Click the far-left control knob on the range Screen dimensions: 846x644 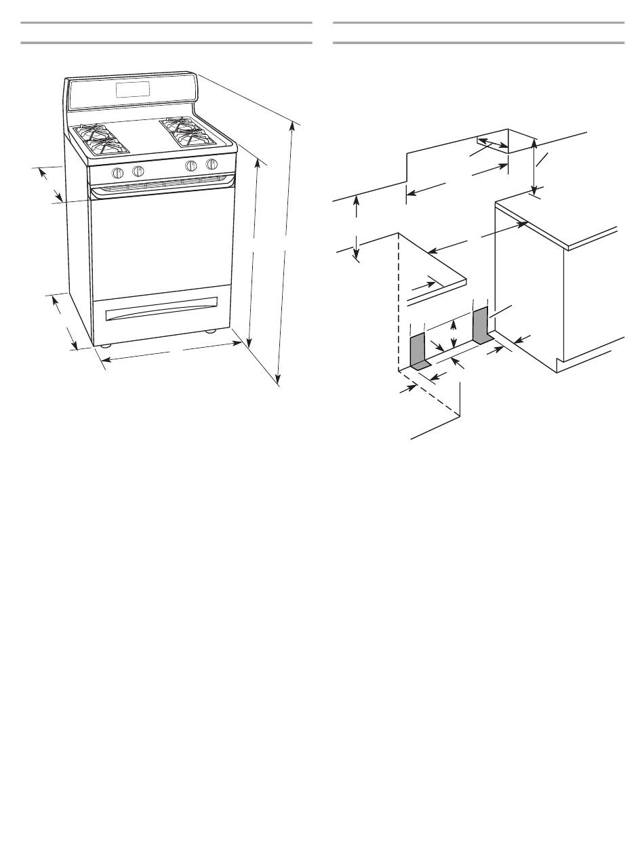point(118,172)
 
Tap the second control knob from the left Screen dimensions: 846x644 point(138,170)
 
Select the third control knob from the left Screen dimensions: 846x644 point(191,166)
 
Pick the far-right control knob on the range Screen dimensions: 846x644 point(212,164)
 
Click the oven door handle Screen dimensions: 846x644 point(163,185)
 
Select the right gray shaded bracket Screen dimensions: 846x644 point(481,325)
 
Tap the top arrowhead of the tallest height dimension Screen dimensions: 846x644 point(293,125)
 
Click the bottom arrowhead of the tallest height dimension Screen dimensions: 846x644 point(278,381)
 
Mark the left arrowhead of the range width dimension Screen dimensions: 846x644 point(106,360)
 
